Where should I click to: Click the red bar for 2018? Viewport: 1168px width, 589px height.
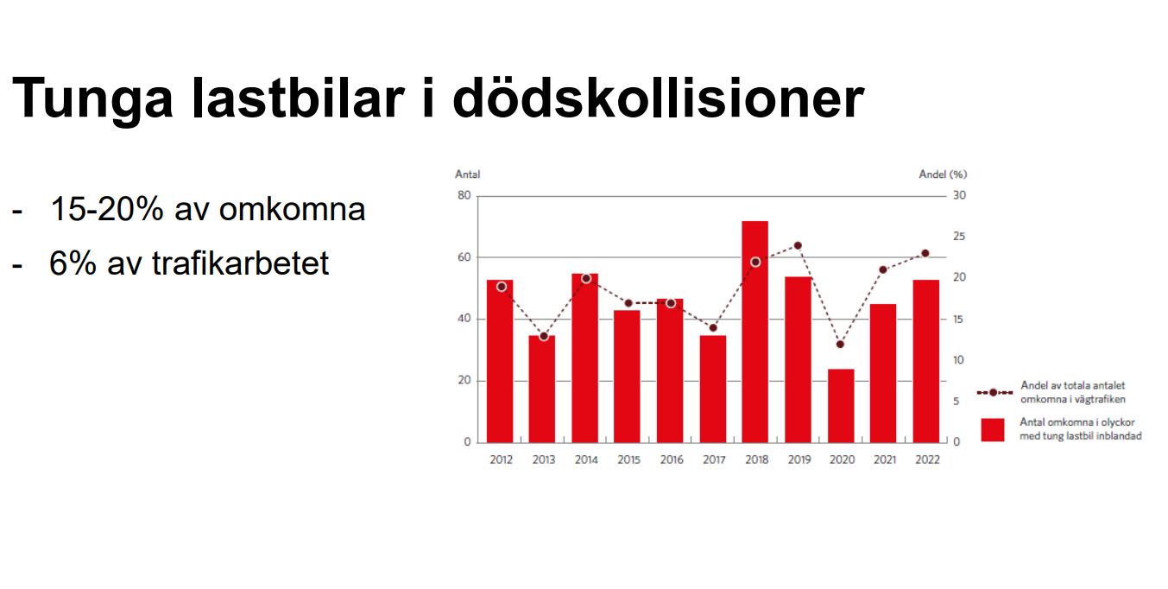755,332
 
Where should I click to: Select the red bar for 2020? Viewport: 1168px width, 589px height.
841,406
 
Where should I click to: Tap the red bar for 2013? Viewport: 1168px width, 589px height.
542,389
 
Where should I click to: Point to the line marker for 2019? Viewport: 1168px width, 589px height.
798,246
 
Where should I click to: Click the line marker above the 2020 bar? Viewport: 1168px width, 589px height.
840,345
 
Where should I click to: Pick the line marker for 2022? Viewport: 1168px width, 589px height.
925,254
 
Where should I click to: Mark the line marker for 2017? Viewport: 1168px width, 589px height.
713,328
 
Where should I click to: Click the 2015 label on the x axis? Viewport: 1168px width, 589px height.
628,459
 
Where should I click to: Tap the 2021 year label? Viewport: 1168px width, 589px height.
885,459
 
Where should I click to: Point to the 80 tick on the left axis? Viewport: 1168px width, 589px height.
464,196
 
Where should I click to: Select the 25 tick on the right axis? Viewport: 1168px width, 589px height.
959,237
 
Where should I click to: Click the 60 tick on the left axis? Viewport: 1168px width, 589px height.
464,257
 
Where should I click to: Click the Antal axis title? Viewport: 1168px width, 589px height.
467,174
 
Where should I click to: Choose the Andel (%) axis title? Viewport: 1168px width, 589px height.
943,174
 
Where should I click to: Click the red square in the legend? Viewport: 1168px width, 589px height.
992,430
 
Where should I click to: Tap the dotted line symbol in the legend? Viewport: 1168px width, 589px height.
994,392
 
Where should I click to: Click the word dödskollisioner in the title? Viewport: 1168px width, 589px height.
658,98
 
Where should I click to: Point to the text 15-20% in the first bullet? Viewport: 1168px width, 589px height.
107,209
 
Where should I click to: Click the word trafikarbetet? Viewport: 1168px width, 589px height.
240,263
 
